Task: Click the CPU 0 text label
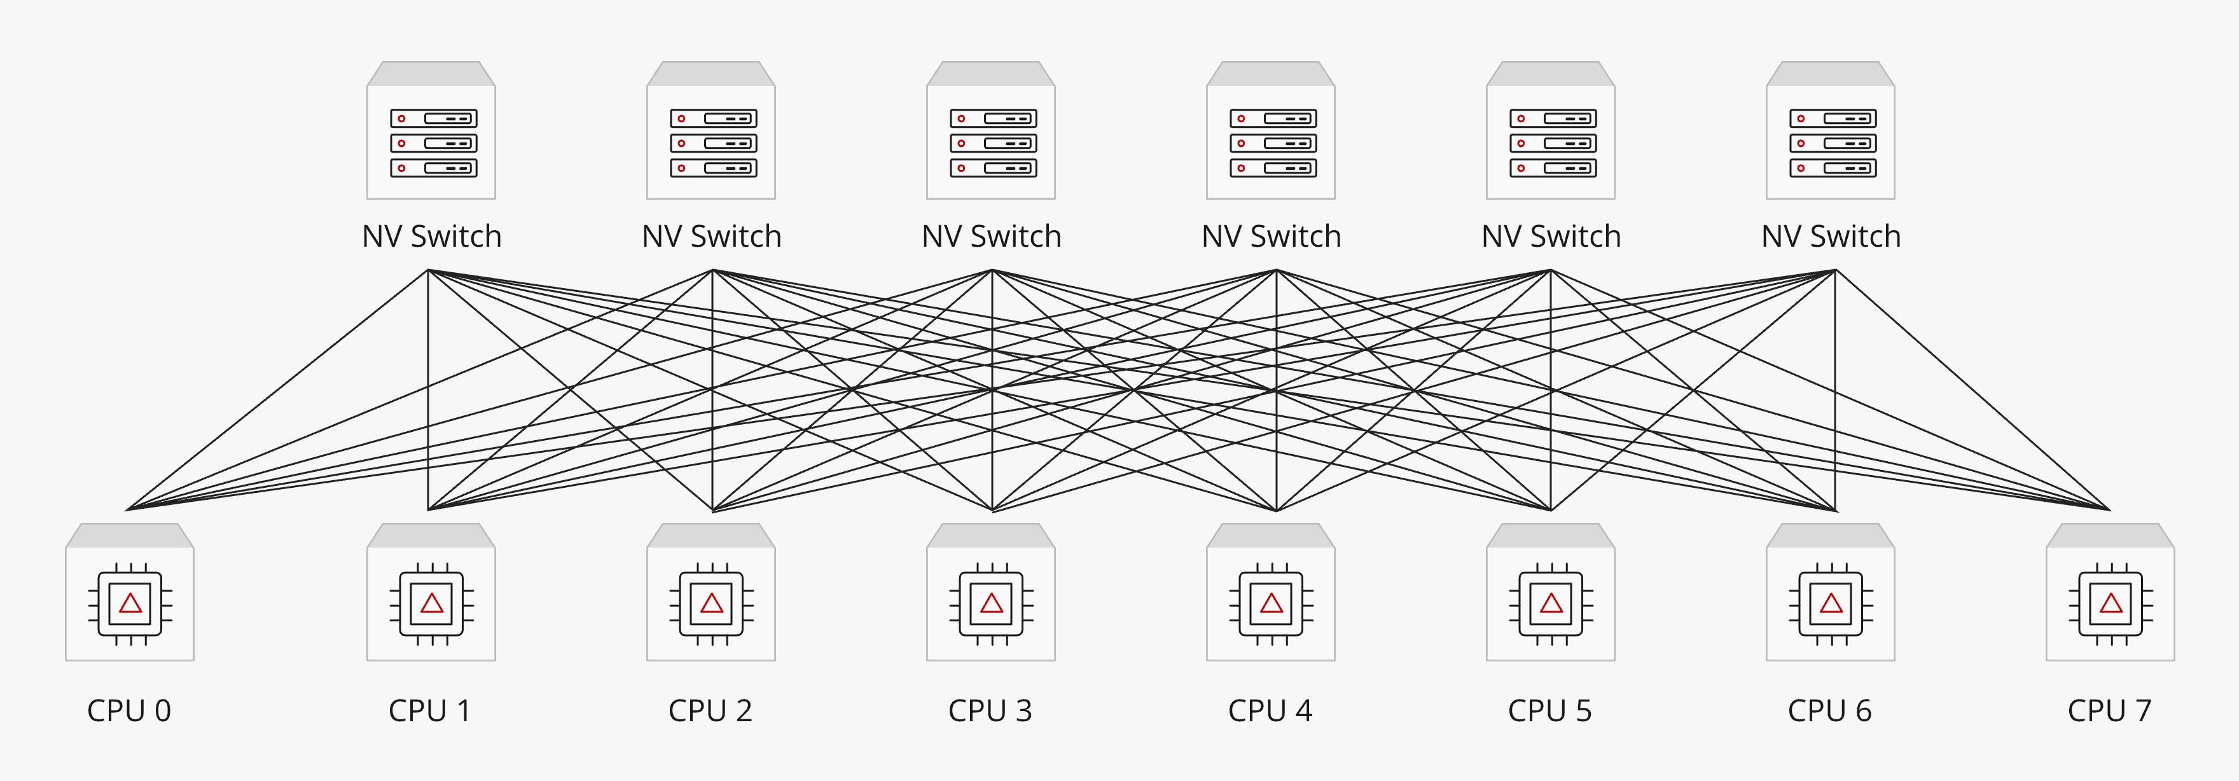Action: point(128,710)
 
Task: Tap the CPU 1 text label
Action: point(430,710)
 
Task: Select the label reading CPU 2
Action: point(710,710)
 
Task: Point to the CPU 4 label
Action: point(1270,710)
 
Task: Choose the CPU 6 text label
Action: point(1829,710)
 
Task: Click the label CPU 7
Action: point(2109,710)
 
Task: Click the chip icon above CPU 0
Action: point(130,604)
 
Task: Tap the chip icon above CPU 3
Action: point(991,604)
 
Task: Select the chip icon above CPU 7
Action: point(2111,604)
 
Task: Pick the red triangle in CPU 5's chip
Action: point(1551,604)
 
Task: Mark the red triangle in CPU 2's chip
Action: point(711,604)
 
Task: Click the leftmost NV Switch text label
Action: point(432,237)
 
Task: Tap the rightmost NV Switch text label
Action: point(1831,237)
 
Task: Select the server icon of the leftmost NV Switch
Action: point(433,143)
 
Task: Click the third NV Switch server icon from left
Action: point(992,143)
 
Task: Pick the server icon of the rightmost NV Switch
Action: point(1832,143)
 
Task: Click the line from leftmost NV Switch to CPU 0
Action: point(278,389)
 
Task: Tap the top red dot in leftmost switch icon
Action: point(401,118)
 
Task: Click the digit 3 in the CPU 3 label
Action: point(1024,710)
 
